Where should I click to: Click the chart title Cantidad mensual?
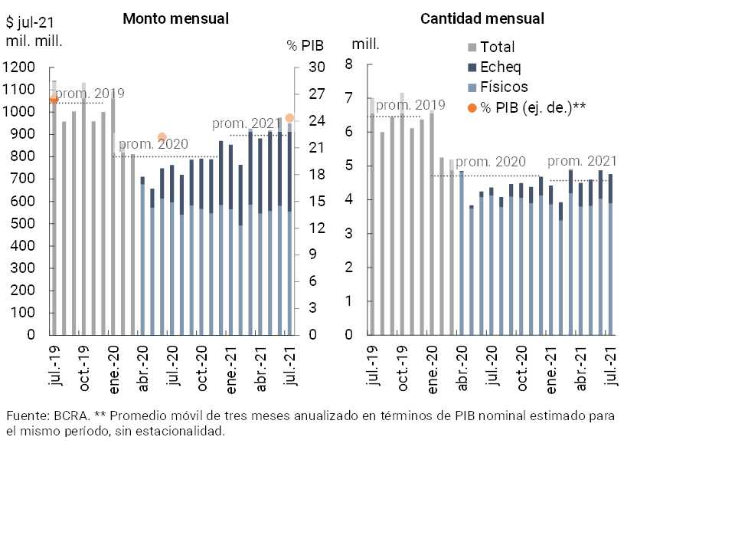coord(482,18)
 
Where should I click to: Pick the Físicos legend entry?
coord(504,87)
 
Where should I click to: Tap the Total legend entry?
coord(497,47)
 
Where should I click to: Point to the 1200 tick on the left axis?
coord(20,67)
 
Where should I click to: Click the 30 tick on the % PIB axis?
coord(317,67)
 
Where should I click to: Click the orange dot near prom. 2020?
coord(162,137)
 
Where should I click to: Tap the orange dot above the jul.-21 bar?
coord(289,118)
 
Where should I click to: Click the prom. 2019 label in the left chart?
coord(90,94)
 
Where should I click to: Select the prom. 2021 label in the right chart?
coord(582,161)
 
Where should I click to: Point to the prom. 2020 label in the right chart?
coord(492,162)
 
